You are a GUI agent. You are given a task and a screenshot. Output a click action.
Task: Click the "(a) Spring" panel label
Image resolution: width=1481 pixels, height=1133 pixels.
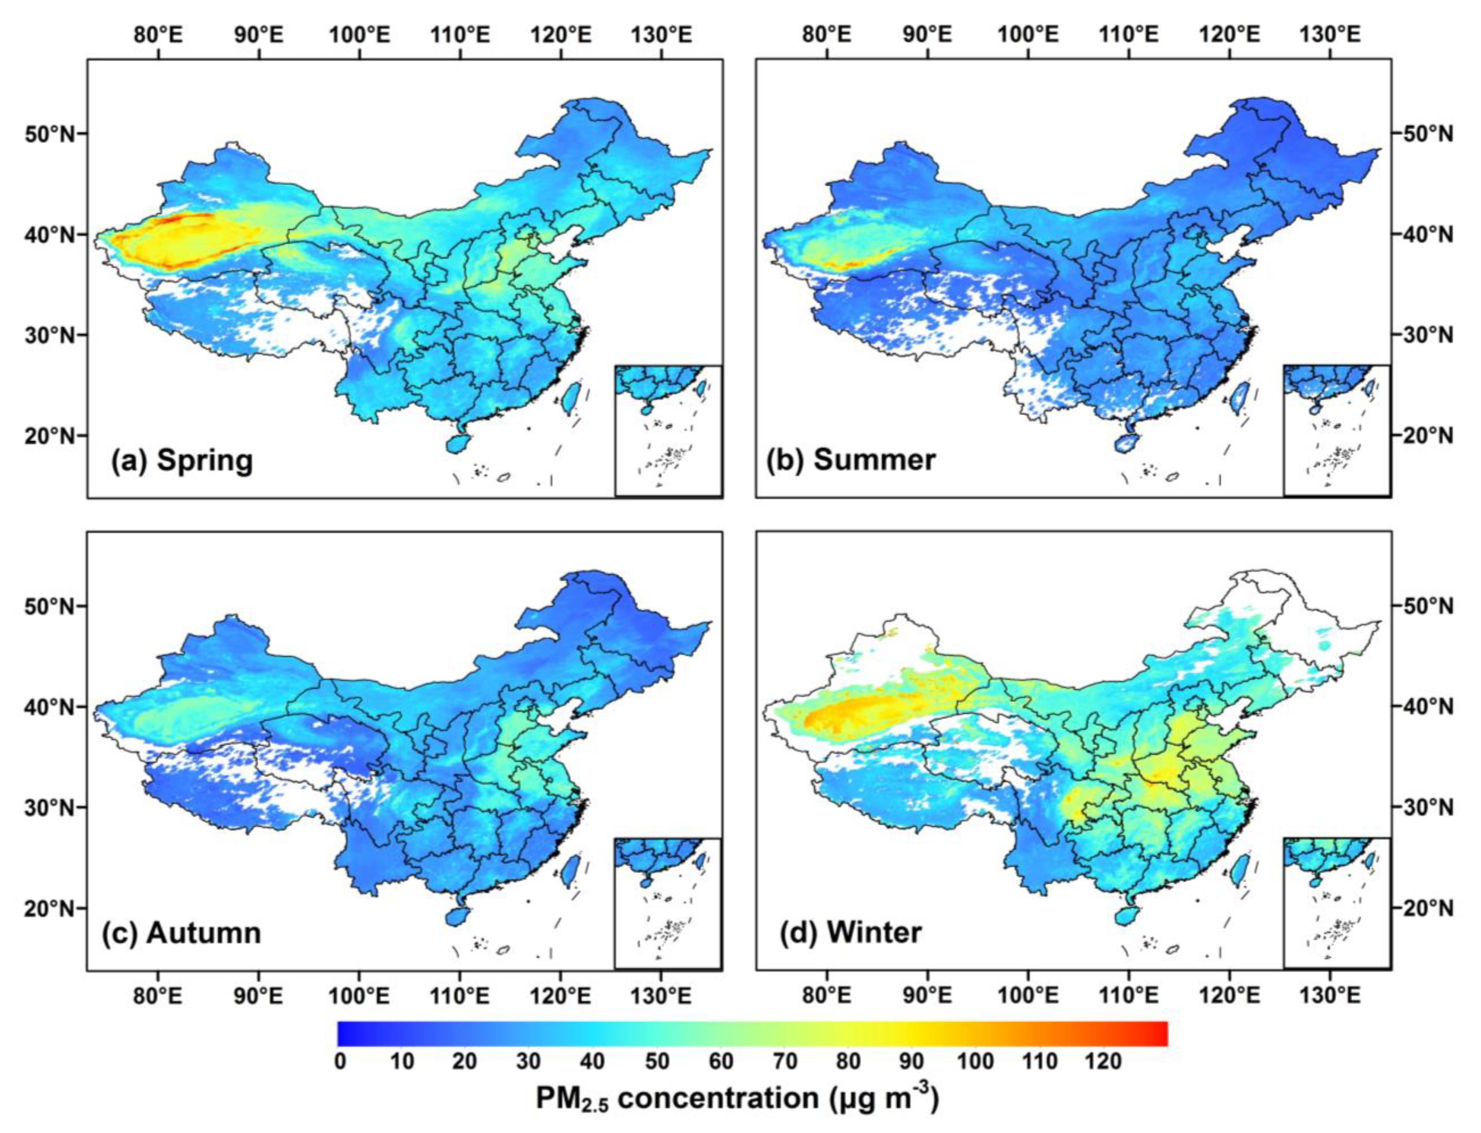click(x=182, y=461)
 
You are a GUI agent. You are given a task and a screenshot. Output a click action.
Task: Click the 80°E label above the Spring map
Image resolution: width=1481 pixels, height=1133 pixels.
click(x=158, y=34)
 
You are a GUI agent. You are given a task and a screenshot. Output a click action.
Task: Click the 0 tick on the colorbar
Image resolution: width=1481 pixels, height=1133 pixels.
click(x=340, y=1061)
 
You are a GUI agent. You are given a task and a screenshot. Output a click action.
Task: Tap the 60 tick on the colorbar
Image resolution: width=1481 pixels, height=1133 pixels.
click(x=720, y=1061)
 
